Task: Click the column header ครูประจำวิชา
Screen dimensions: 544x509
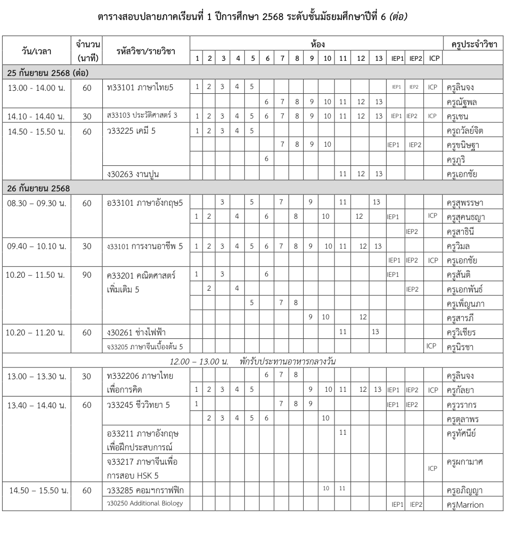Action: coord(471,44)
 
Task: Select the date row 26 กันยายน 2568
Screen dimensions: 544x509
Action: coord(39,189)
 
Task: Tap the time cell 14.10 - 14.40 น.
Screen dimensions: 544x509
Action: coord(36,116)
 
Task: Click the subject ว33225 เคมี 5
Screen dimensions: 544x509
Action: coord(131,131)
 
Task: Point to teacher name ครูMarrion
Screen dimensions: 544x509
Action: coord(465,505)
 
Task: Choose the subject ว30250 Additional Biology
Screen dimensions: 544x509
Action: coord(145,504)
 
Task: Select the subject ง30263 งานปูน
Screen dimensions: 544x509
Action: coord(133,174)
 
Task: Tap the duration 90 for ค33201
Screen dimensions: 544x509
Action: coord(87,275)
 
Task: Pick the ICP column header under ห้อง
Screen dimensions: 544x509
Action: coord(434,58)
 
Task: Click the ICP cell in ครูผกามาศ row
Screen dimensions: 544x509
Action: coord(433,468)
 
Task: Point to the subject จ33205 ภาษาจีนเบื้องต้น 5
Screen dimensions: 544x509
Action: coord(145,347)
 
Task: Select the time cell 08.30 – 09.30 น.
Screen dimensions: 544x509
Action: coord(37,203)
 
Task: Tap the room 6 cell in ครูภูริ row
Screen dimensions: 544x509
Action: coord(266,159)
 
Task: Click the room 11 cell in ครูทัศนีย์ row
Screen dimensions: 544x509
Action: coord(343,432)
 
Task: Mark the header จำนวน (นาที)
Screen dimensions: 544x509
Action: coord(87,51)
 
